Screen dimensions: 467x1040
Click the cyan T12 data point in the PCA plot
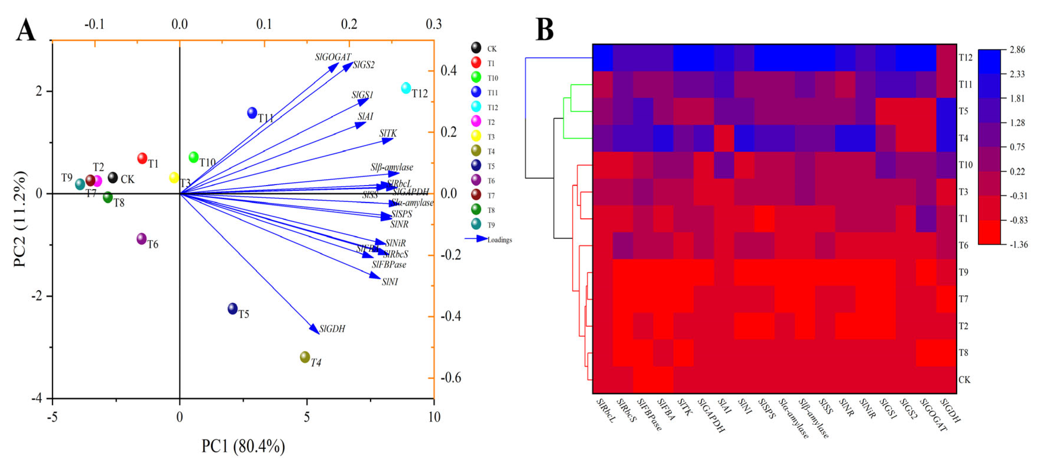[406, 88]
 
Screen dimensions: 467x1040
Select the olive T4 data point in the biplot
[305, 357]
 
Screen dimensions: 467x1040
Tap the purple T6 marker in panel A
[141, 239]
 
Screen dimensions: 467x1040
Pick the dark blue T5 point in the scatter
[233, 308]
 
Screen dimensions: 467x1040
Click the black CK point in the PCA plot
[113, 177]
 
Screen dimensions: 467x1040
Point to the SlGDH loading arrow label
[332, 329]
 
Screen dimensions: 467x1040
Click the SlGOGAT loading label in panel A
[333, 57]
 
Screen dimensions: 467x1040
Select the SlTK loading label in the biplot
[388, 133]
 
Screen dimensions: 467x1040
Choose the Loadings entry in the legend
[499, 240]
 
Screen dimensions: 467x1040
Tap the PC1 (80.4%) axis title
[243, 446]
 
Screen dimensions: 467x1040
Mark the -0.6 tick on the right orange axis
[451, 378]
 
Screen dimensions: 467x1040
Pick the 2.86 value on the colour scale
[1017, 50]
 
